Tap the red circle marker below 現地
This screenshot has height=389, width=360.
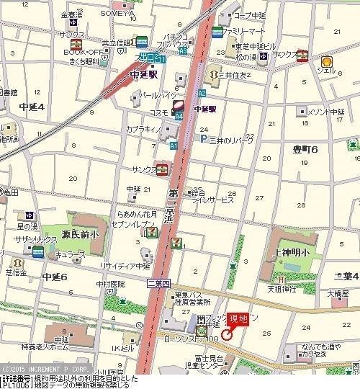pos(226,334)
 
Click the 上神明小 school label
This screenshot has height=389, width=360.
pos(291,251)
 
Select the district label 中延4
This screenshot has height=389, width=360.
pos(32,107)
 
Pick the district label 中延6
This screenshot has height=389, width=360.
pos(54,277)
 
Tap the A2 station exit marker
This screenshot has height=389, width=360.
pos(202,94)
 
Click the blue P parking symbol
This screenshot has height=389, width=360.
pos(204,139)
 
